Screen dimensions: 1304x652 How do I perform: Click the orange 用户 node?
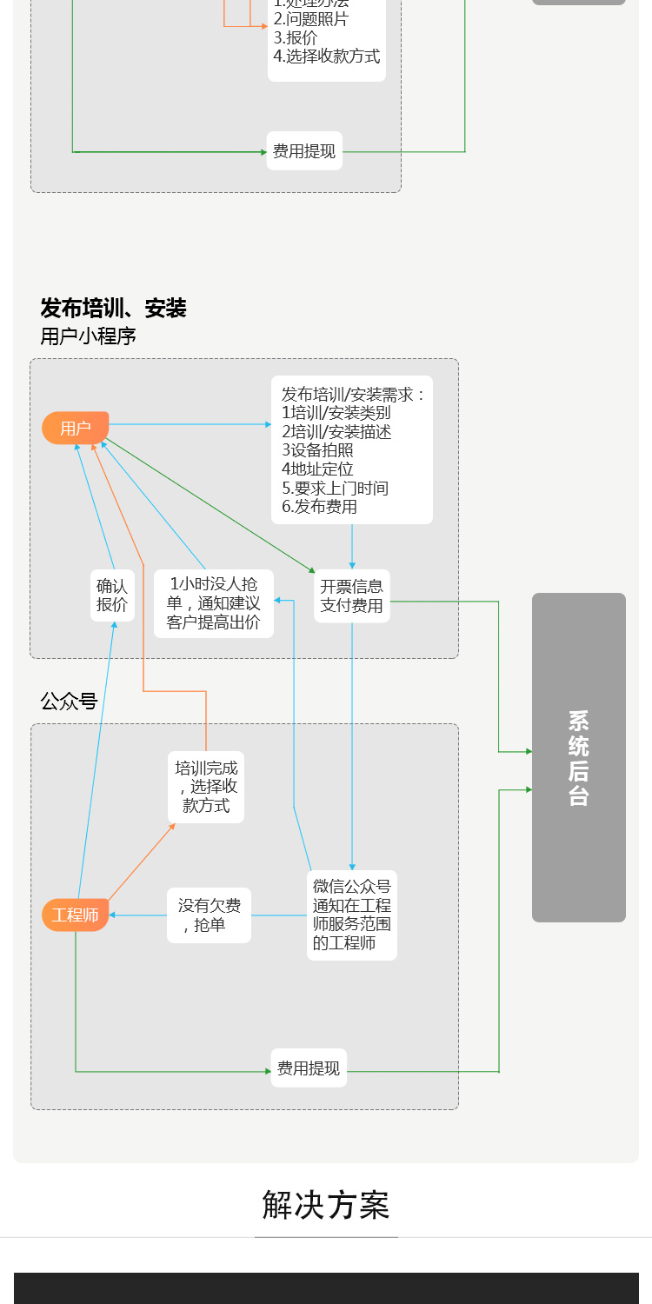point(76,428)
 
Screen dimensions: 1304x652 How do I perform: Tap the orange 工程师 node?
point(76,915)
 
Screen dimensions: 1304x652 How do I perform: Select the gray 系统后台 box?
point(578,757)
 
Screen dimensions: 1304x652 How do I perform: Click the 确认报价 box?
point(112,595)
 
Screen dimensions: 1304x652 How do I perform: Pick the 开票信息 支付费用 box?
point(351,595)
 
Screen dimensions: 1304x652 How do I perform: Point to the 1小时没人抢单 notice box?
point(214,603)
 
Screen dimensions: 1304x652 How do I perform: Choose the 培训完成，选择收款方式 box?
point(206,787)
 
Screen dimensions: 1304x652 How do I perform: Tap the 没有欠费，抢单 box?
point(209,915)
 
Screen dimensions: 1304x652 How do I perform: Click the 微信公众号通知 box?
point(352,915)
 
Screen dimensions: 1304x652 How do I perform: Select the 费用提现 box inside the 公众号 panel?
point(309,1068)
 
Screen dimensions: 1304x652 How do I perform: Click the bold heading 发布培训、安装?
point(114,309)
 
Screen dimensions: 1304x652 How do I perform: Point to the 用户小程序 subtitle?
point(88,336)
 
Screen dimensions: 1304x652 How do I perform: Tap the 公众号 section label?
point(69,702)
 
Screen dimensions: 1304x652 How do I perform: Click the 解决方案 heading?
point(326,1205)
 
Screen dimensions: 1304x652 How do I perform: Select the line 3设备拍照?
point(317,450)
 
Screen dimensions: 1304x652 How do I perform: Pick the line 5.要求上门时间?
point(335,488)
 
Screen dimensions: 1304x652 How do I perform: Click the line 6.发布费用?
point(319,507)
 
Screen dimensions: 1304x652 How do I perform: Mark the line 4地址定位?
point(317,469)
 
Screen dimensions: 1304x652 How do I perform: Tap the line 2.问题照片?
point(311,19)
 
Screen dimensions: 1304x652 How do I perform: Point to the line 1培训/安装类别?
point(336,413)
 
